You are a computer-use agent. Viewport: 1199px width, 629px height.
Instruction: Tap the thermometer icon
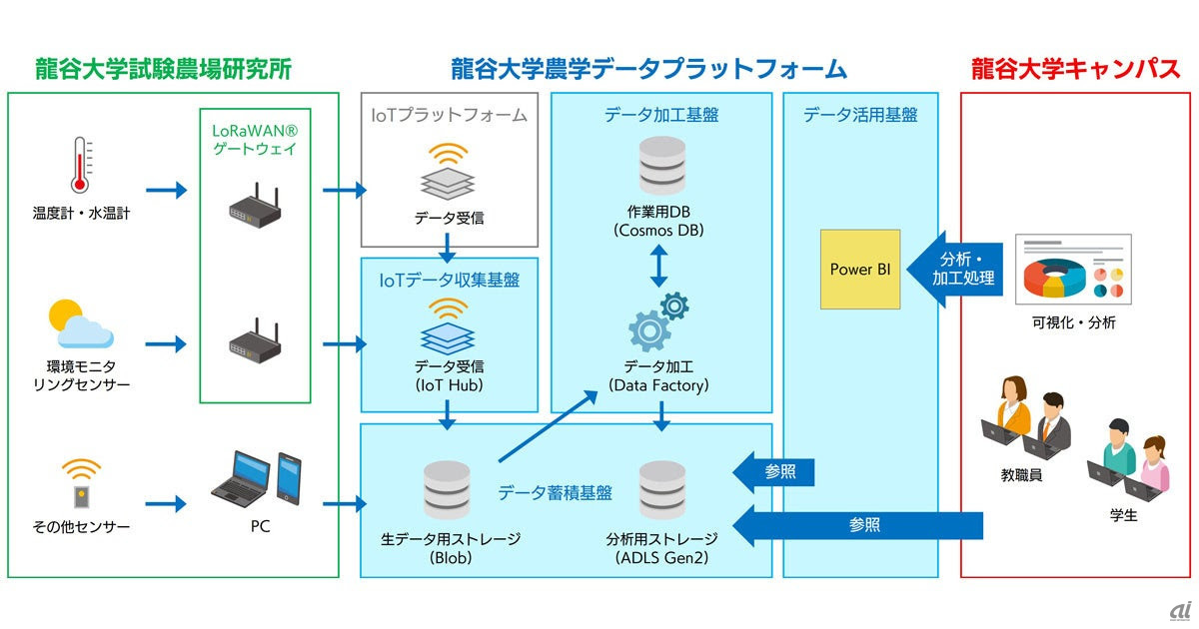(80, 166)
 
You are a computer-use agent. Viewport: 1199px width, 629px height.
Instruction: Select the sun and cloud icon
(80, 323)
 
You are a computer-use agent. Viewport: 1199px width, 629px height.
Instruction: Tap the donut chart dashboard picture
(1073, 270)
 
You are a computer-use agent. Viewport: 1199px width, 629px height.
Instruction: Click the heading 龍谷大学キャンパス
(1075, 70)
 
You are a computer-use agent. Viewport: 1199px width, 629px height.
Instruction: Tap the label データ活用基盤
(860, 115)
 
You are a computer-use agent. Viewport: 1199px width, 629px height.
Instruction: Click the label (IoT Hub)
(448, 384)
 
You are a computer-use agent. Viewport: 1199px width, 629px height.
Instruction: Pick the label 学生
(1124, 516)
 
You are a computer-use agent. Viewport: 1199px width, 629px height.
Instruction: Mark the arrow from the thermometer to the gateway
(166, 190)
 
